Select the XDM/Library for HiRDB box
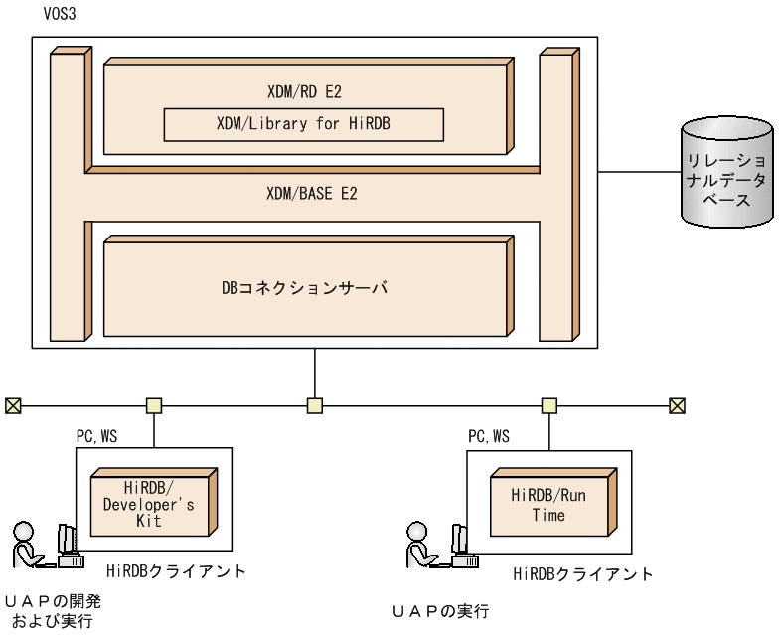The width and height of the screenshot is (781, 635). pos(303,125)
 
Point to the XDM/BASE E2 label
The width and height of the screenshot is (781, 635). pos(313,194)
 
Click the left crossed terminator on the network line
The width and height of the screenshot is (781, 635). pos(12,405)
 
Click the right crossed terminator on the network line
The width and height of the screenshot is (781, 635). pos(677,405)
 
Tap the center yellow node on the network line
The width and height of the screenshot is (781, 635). pos(314,405)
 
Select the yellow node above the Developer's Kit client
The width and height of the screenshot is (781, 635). pos(154,405)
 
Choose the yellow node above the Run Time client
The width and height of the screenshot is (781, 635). pos(547,405)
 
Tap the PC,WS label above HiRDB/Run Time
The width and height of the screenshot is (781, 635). pos(489,436)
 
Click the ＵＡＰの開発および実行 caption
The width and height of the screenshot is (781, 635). pos(53,609)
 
